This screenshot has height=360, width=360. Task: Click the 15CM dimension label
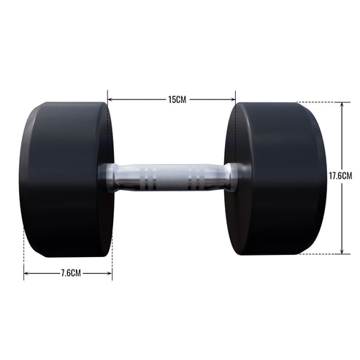172,99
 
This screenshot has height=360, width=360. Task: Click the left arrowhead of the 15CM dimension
110,99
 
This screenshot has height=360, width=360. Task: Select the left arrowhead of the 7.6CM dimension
26,274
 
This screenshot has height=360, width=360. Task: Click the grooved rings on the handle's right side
195,177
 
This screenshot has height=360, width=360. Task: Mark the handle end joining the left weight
108,177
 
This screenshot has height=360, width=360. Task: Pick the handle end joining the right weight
232,177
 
